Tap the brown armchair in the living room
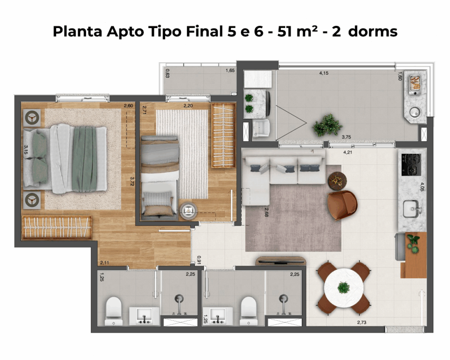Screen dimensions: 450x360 (x=342, y=205)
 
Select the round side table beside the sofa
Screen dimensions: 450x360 (x=337, y=181)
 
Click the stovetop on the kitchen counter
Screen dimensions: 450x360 (x=411, y=164)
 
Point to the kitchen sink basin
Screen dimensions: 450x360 (x=411, y=209)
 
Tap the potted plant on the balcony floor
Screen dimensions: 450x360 (x=327, y=125)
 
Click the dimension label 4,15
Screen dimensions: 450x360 (x=324, y=73)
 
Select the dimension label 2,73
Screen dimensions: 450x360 (x=362, y=322)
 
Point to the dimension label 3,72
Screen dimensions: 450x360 (x=132, y=182)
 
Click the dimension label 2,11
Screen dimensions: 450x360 (x=105, y=263)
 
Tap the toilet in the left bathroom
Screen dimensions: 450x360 (x=114, y=311)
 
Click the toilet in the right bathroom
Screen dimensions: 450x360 (x=249, y=311)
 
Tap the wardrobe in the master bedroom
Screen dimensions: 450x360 (x=57, y=228)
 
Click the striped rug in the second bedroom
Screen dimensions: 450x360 (x=182, y=154)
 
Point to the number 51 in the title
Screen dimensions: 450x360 (x=286, y=31)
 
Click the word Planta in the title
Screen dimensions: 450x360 (x=77, y=31)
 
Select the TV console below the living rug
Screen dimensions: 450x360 (x=281, y=261)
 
